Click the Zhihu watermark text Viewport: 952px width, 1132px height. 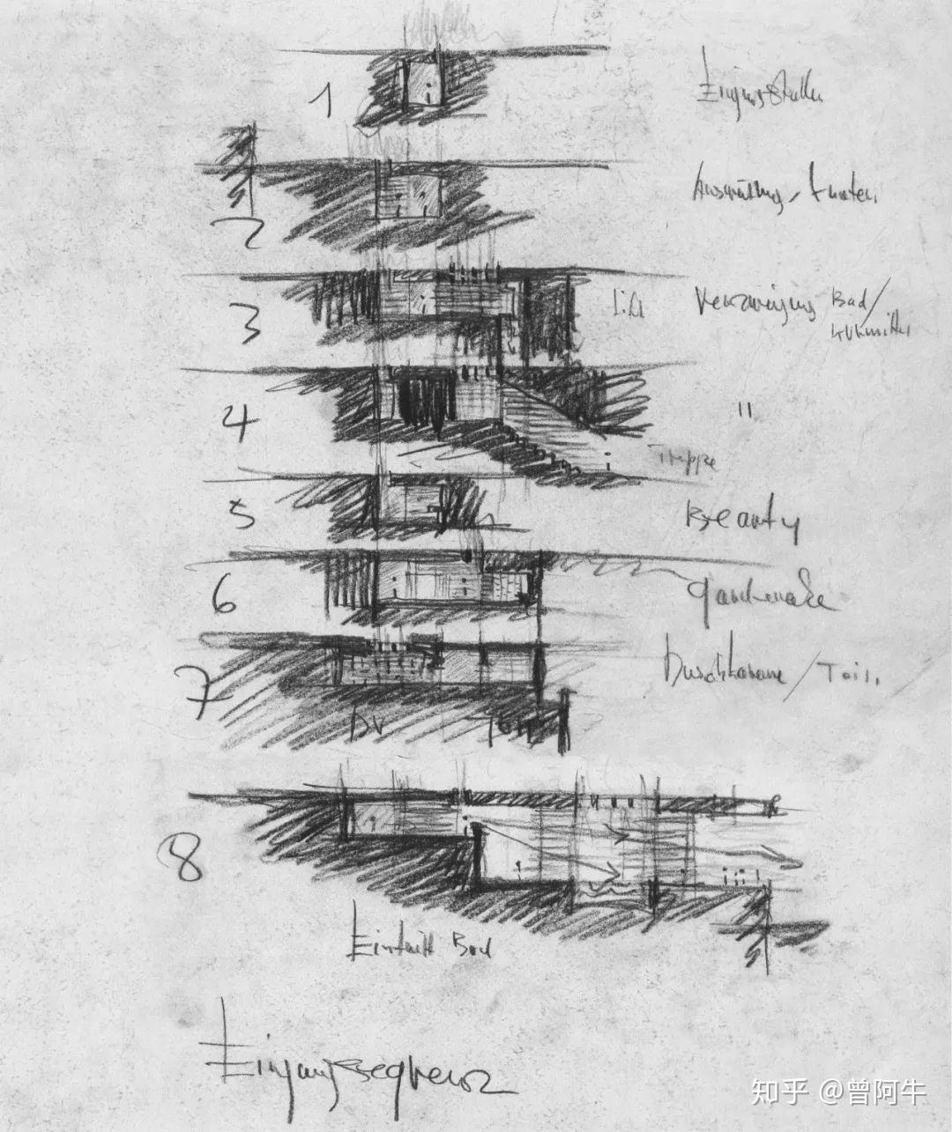837,1093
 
